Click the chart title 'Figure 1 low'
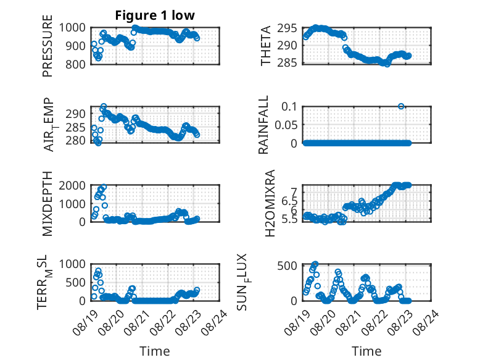(155, 15)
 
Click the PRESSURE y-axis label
(48, 46)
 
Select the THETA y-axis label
(265, 46)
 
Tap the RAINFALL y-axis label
(263, 125)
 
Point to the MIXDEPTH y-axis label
(48, 203)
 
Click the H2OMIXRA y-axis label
(270, 203)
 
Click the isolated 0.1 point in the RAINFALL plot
(401, 106)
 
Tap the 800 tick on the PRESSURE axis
(73, 64)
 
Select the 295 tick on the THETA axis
(287, 28)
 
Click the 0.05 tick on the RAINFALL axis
(286, 125)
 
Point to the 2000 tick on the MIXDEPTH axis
(72, 186)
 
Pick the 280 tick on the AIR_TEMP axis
(75, 141)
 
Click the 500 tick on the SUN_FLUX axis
(287, 266)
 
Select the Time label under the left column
(155, 351)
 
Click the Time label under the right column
(366, 351)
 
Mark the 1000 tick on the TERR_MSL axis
(72, 264)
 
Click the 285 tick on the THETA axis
(287, 63)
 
